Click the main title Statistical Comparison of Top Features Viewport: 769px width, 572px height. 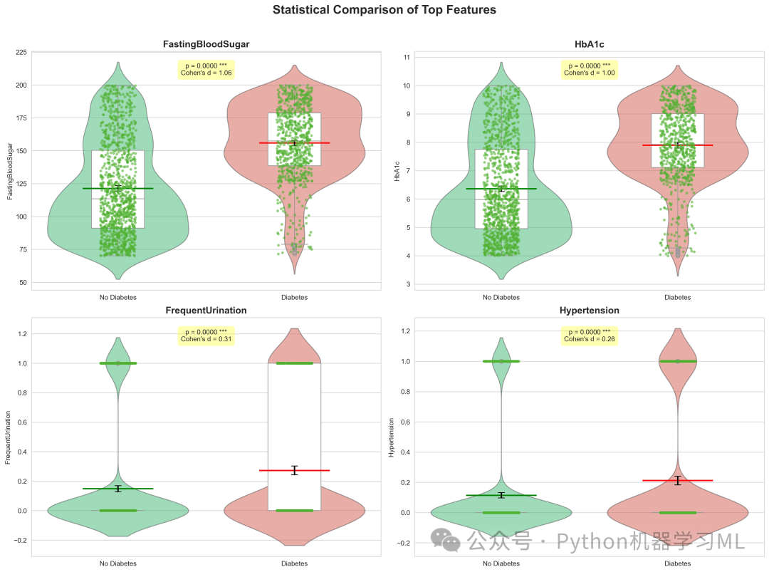point(384,10)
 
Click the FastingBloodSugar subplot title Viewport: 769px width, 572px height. point(206,44)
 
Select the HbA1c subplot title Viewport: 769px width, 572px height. point(589,44)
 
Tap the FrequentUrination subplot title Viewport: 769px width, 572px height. point(206,310)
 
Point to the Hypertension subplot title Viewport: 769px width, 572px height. point(589,310)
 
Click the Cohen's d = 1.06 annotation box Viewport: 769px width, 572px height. point(206,70)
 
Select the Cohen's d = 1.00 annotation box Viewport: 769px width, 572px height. point(589,70)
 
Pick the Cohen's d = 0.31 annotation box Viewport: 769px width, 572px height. point(206,336)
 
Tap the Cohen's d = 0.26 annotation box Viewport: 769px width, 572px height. point(589,336)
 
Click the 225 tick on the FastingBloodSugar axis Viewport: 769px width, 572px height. point(21,52)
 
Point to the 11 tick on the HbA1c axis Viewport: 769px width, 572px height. point(407,58)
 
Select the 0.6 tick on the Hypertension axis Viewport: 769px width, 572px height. point(405,422)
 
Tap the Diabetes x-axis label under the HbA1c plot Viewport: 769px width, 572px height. point(677,297)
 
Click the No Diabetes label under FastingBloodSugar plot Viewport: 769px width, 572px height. point(117,297)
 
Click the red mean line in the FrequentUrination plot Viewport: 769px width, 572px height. point(294,470)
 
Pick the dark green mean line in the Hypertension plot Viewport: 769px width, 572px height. point(501,496)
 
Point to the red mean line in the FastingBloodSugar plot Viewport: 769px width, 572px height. point(294,142)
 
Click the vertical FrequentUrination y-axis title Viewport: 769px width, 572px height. point(8,437)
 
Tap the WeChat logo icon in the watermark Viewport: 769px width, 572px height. point(445,540)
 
